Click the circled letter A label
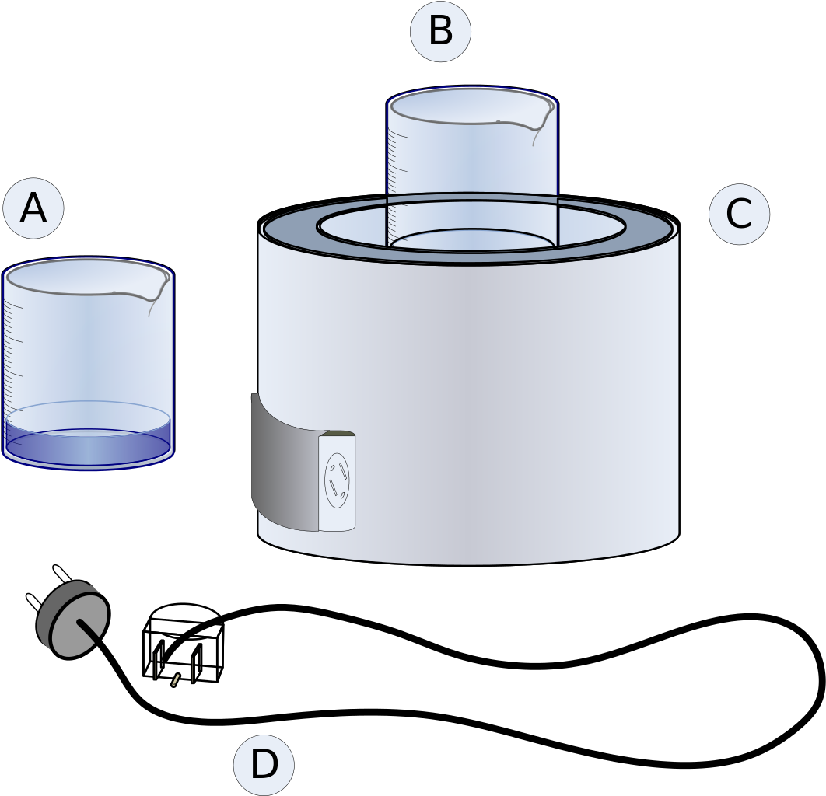33,208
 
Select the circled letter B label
440,32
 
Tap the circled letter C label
739,214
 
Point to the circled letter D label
264,765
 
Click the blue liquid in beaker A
88,442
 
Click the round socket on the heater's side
337,480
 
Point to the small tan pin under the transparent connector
176,679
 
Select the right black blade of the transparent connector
196,662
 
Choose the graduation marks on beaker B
396,173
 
